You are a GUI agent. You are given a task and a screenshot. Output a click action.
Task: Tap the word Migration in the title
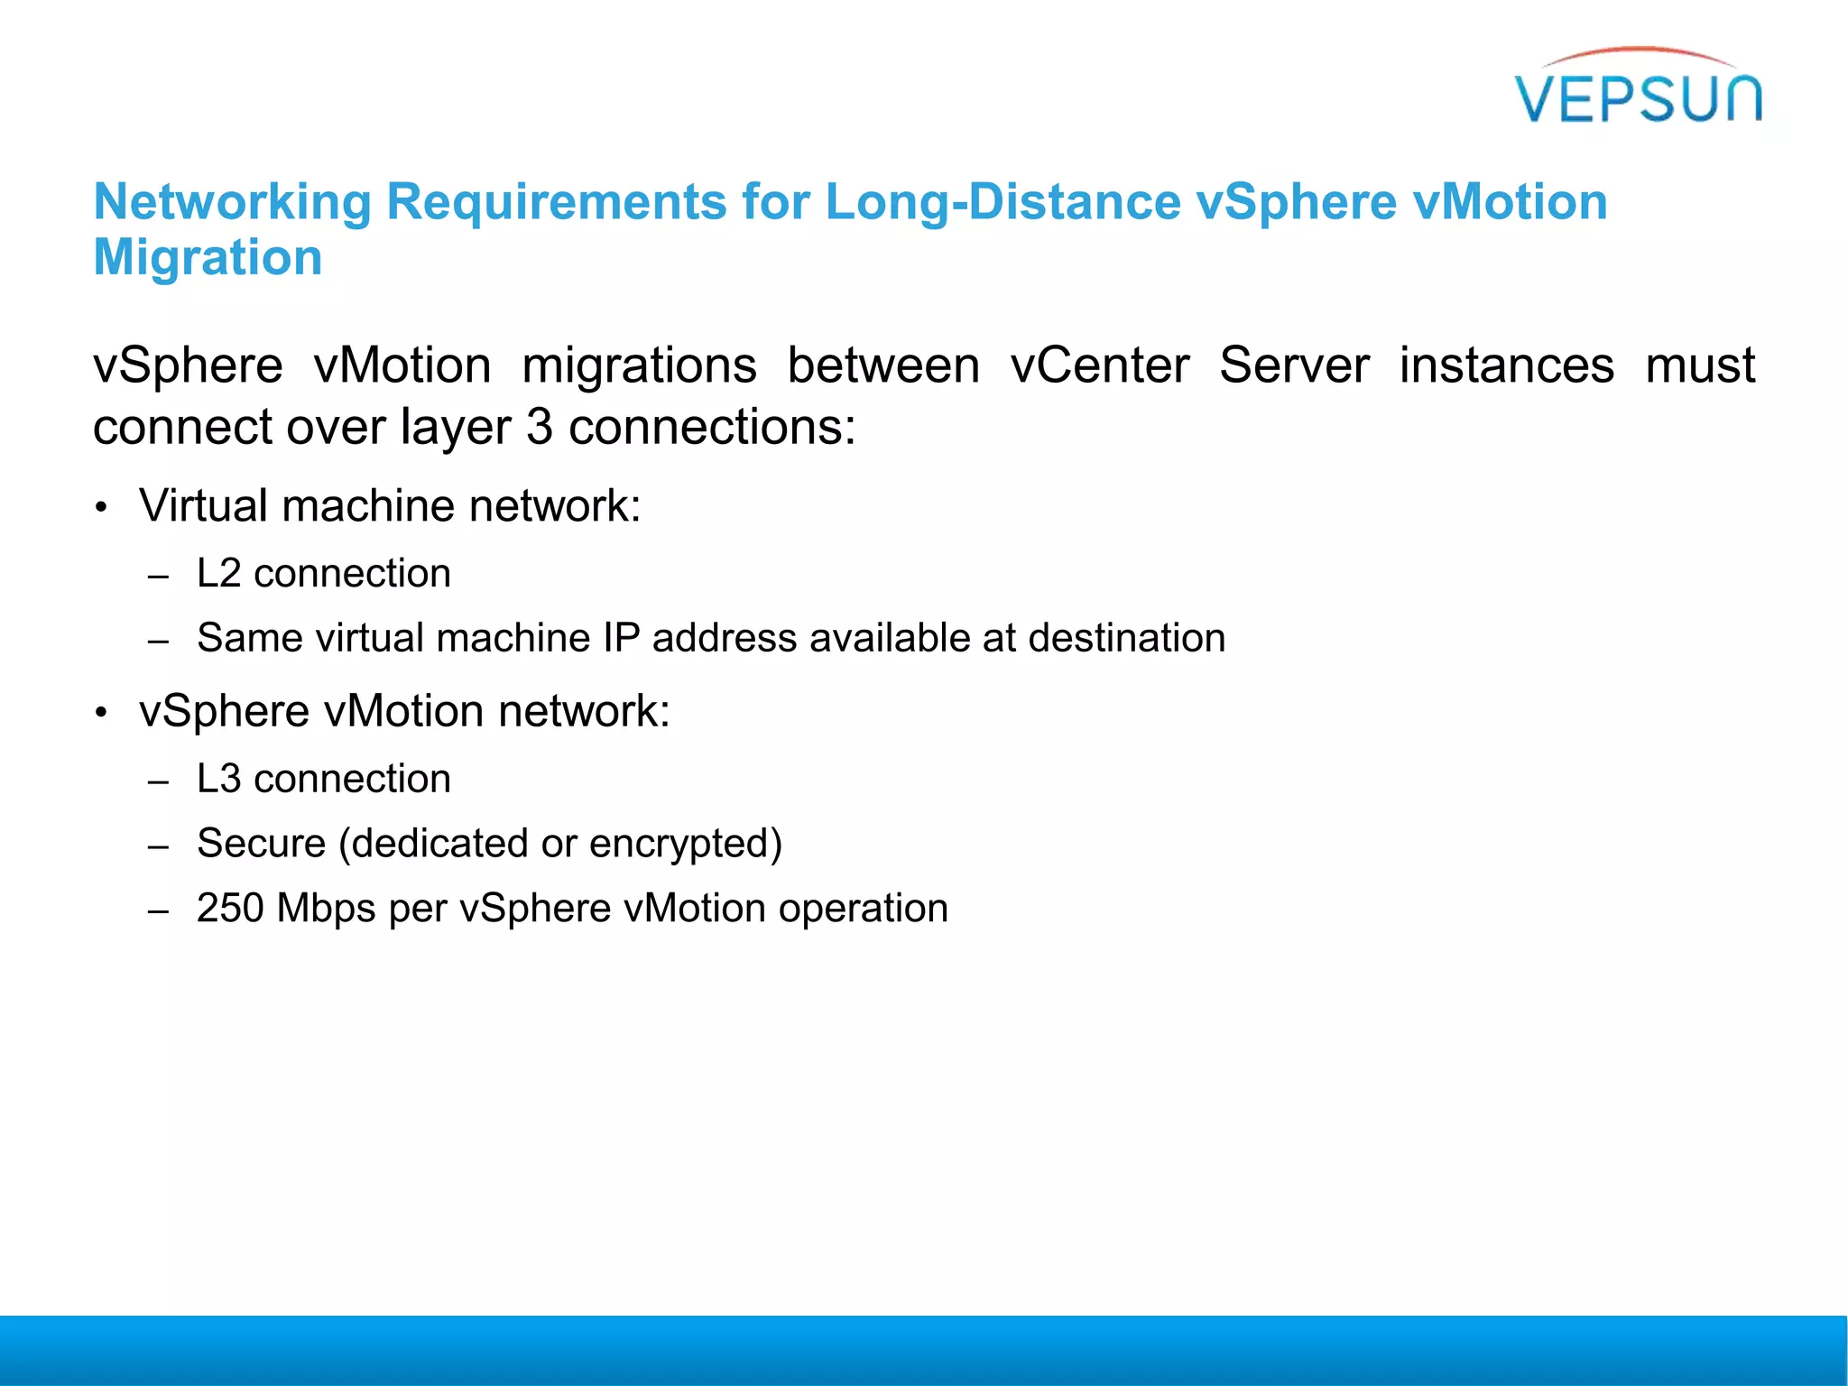point(208,258)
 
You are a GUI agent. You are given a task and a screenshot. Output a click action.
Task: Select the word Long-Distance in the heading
point(1003,202)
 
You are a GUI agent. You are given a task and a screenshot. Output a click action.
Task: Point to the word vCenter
point(1099,366)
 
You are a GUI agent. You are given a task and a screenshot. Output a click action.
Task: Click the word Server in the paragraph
point(1294,366)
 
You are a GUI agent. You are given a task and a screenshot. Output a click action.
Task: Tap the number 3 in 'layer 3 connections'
point(539,427)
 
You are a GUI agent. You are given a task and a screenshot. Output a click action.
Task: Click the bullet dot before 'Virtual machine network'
point(102,508)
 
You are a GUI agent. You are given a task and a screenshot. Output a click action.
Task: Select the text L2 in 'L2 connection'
point(218,574)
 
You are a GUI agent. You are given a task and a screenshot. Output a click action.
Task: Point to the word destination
point(1126,639)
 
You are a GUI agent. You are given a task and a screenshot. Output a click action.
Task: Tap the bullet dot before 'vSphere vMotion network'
point(102,714)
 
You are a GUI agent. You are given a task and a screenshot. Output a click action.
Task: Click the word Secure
point(261,844)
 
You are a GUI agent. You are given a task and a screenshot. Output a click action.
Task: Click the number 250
point(230,909)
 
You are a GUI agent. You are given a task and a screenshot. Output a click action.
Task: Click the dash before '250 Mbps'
point(159,912)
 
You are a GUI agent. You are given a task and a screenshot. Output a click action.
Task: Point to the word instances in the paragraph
point(1506,366)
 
